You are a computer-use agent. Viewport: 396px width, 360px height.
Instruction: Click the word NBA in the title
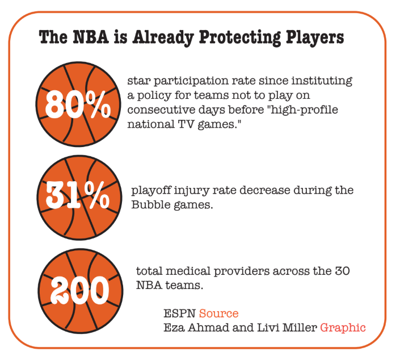(91, 37)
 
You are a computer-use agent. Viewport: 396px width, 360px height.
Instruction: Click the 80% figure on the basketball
(78, 104)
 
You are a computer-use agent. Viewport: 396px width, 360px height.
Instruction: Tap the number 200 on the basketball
(80, 290)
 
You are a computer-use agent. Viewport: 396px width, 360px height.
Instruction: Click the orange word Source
(219, 313)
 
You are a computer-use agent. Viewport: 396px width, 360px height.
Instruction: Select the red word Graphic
(343, 328)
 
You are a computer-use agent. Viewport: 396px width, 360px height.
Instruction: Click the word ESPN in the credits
(179, 313)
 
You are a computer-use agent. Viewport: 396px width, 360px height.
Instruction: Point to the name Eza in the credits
(174, 328)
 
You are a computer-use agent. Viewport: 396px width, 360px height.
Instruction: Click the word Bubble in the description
(151, 204)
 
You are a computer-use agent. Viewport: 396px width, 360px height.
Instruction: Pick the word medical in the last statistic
(188, 271)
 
